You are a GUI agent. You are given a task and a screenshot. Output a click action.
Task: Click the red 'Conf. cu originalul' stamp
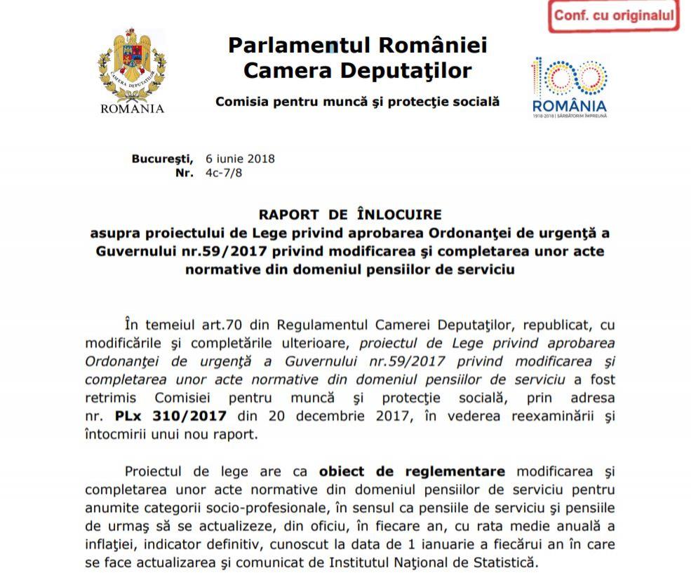614,15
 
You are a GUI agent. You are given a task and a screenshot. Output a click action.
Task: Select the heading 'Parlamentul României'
357,46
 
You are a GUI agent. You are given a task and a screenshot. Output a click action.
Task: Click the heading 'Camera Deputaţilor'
357,70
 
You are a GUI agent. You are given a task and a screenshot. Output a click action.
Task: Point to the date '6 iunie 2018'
240,159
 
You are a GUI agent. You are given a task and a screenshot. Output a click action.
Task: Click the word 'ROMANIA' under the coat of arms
133,109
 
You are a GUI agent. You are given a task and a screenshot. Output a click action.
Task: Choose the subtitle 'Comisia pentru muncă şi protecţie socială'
357,102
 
